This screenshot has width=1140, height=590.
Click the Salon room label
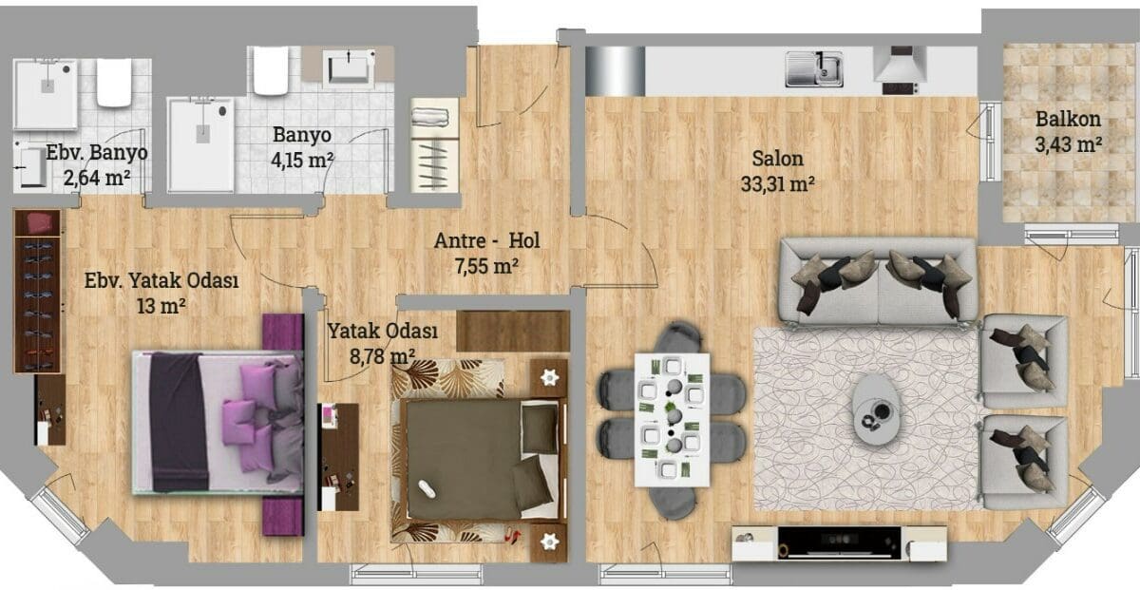click(778, 159)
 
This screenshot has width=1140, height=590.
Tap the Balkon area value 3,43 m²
click(1068, 144)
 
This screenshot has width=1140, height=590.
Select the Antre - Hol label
click(486, 240)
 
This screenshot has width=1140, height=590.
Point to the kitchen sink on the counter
click(814, 68)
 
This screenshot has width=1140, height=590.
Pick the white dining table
click(672, 420)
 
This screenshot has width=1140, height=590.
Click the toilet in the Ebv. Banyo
click(115, 83)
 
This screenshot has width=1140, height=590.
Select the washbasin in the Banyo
click(348, 67)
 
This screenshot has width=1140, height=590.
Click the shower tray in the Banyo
click(201, 145)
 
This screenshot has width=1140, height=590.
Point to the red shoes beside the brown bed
click(512, 535)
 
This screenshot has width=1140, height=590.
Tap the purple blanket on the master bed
click(179, 422)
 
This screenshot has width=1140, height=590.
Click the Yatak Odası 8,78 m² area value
click(382, 356)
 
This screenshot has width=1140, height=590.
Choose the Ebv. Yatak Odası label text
click(161, 280)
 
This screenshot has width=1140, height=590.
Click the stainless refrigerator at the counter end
click(615, 71)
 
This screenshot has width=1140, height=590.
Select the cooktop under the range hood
click(901, 88)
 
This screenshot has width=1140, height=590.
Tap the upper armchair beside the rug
click(1024, 361)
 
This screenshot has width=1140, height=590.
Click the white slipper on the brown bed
click(427, 488)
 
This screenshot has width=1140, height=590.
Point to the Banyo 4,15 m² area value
click(302, 161)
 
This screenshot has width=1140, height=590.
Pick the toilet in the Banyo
click(271, 70)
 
